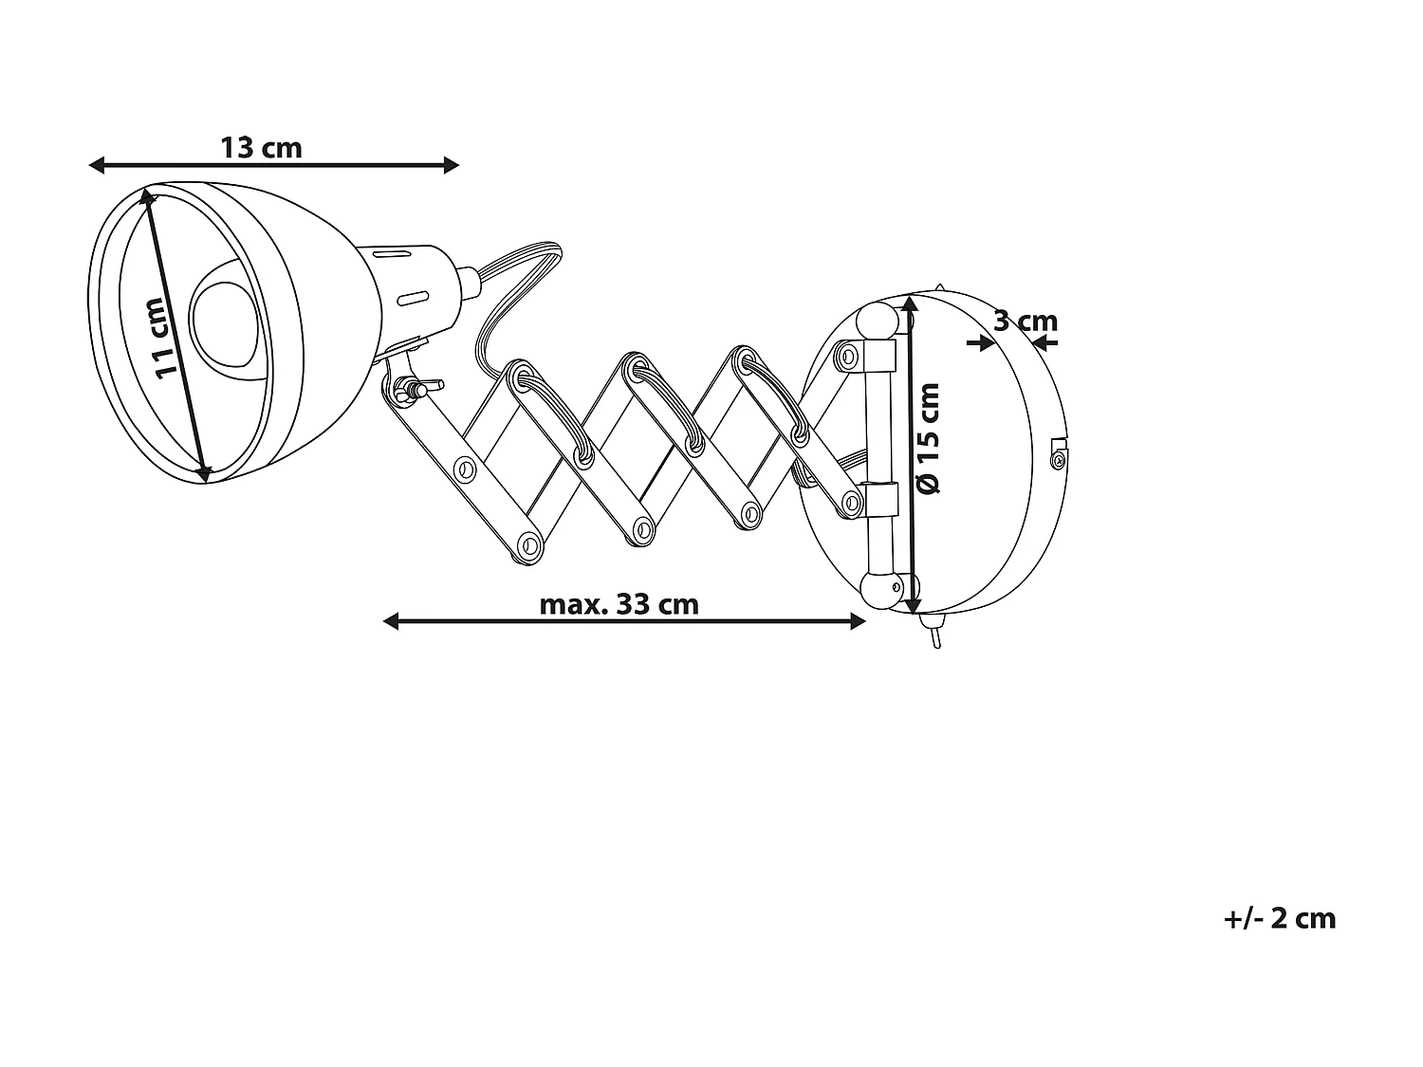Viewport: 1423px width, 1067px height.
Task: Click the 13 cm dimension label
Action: [x=261, y=148]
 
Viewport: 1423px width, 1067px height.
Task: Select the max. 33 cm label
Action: [x=619, y=604]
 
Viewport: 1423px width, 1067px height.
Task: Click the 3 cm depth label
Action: [x=1025, y=322]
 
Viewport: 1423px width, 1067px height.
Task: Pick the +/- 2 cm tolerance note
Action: [x=1280, y=918]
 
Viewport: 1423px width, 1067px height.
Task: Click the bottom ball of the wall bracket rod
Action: [x=879, y=590]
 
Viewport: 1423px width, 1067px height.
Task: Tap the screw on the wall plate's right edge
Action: [x=1058, y=459]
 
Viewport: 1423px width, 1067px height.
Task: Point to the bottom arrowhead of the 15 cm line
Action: [x=913, y=604]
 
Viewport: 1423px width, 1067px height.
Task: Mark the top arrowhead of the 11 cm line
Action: [x=147, y=196]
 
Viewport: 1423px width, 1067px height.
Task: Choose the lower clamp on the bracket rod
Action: [x=879, y=500]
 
